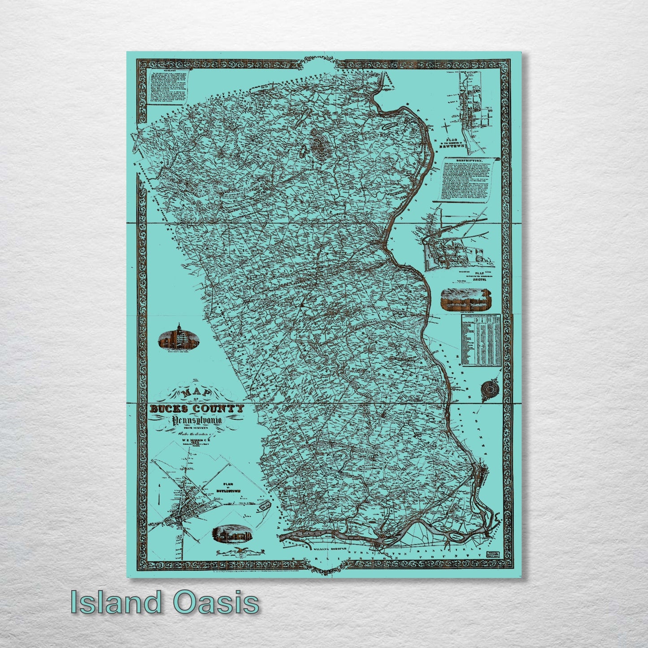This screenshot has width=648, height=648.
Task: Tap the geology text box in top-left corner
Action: click(168, 87)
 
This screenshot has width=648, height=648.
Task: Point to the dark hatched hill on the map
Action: click(318, 143)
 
